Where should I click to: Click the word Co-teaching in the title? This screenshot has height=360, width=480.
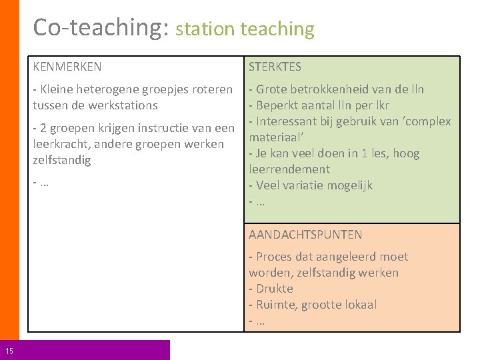(x=100, y=27)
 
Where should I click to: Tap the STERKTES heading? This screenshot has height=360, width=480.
(x=275, y=67)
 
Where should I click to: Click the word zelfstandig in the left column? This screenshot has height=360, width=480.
(x=61, y=160)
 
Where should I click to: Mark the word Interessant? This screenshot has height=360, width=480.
(x=289, y=121)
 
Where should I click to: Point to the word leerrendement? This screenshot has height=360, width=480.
(x=289, y=169)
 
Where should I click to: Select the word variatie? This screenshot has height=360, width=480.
(x=310, y=185)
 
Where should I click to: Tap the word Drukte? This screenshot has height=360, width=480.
(x=275, y=289)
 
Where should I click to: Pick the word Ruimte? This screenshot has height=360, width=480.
(x=275, y=305)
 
